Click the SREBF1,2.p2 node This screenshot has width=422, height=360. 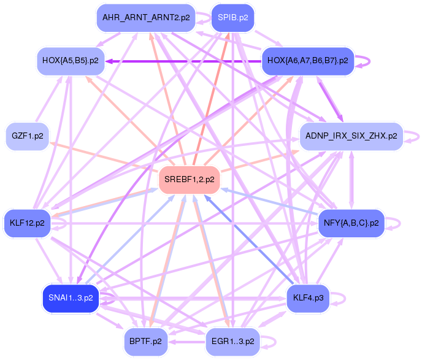(190, 180)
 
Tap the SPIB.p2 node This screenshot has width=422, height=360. (233, 18)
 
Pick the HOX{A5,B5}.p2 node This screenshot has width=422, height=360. (71, 61)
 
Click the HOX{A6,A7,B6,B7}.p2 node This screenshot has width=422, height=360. (309, 61)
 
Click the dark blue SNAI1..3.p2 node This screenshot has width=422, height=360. (71, 298)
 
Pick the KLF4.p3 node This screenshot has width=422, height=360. (309, 298)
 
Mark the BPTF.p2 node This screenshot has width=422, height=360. (145, 341)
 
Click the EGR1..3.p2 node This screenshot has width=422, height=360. (232, 341)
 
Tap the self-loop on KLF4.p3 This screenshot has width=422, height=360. (342, 298)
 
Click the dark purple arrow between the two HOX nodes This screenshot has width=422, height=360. (184, 61)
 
